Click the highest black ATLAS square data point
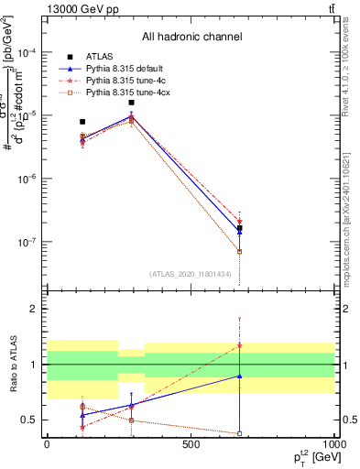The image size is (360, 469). (x=132, y=103)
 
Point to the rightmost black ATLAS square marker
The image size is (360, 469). (x=239, y=228)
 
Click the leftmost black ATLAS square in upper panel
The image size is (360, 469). (x=82, y=121)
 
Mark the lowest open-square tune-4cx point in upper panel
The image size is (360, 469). (x=239, y=251)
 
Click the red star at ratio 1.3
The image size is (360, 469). (x=239, y=345)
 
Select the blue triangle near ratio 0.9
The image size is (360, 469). (x=239, y=376)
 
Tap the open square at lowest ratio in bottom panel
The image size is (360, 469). (x=239, y=433)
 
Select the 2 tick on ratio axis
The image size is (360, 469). (x=35, y=310)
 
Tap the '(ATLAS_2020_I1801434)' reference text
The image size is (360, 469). (x=189, y=274)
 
